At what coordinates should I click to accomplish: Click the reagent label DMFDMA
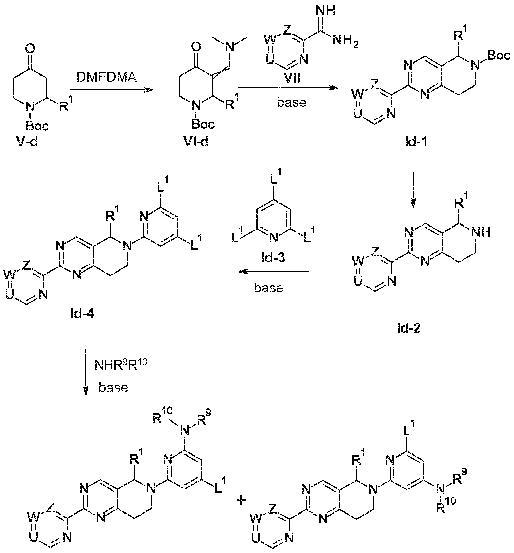[x=106, y=77]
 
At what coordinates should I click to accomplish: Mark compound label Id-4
[x=80, y=313]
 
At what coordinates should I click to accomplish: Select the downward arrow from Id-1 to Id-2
[x=413, y=189]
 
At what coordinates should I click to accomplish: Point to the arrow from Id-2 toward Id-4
[x=274, y=272]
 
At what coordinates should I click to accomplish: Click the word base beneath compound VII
[x=291, y=103]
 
